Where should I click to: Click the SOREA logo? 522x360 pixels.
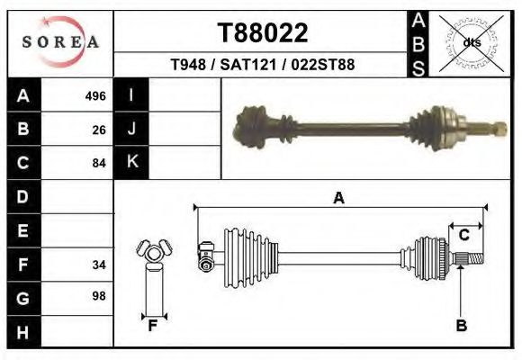(x=61, y=41)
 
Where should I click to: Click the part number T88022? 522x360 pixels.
(x=263, y=33)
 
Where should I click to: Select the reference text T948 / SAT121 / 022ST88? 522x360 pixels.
(x=262, y=65)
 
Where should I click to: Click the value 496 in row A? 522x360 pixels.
(x=95, y=96)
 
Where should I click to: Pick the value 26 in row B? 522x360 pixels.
(x=99, y=130)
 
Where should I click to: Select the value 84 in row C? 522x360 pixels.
(x=99, y=163)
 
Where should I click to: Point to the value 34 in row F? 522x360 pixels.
(x=99, y=265)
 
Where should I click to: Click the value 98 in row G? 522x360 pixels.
(x=99, y=296)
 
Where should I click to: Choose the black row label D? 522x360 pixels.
(x=23, y=196)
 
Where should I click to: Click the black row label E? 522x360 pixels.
(x=23, y=230)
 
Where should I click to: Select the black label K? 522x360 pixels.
(x=132, y=162)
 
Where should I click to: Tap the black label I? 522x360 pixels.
(x=132, y=95)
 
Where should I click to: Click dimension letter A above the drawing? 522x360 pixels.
(x=338, y=198)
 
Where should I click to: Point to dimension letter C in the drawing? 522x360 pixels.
(x=464, y=235)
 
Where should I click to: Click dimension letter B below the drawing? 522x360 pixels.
(x=462, y=326)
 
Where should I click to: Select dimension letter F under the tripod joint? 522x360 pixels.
(x=153, y=326)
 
